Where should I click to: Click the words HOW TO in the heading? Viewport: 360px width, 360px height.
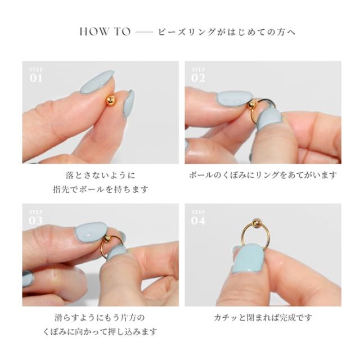(105, 31)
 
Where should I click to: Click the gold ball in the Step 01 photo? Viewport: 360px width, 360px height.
(111, 101)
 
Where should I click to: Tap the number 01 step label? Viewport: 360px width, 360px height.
(35, 78)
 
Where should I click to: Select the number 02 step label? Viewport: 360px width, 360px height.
(198, 78)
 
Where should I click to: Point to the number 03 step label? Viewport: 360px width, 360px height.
(35, 220)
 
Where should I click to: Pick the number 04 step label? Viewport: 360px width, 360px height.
(199, 220)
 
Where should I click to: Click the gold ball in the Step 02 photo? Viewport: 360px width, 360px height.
(251, 105)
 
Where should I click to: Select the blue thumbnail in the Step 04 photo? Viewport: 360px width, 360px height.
(248, 259)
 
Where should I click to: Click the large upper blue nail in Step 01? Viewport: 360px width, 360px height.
(97, 82)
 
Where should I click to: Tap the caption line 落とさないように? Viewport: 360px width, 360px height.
(100, 175)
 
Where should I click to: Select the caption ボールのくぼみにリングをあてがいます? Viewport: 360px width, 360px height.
(263, 175)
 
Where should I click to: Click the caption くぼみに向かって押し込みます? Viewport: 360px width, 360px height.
(100, 332)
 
